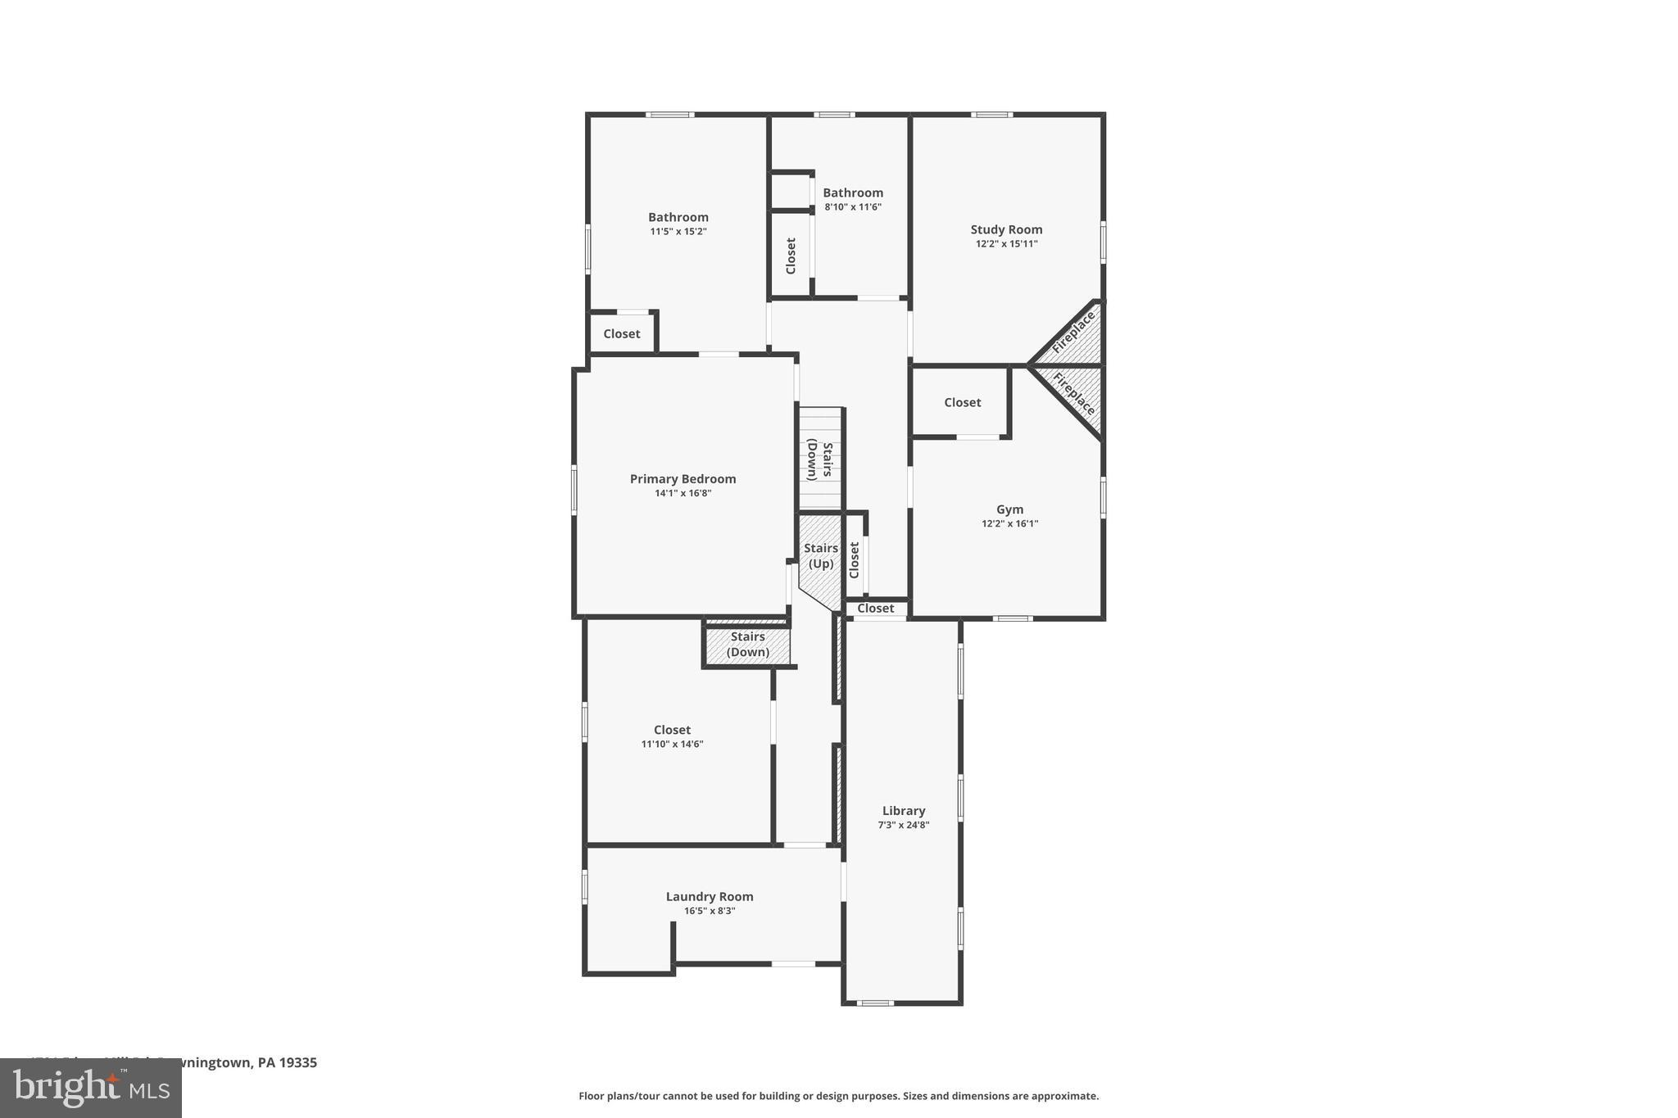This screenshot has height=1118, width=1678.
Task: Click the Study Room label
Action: [x=1006, y=229]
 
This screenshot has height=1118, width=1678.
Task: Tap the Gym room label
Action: [x=1009, y=509]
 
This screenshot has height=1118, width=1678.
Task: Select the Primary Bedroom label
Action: [x=683, y=479]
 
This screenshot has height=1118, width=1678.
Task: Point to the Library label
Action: [x=903, y=811]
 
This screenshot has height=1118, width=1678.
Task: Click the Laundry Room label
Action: [x=710, y=897]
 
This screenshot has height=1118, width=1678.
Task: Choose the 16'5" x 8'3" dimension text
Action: [x=710, y=911]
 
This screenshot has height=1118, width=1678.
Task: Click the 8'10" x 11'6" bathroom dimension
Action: [x=853, y=207]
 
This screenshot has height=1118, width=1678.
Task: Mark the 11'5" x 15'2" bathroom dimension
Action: [x=678, y=232]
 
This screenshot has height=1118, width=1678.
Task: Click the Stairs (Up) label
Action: [x=821, y=556]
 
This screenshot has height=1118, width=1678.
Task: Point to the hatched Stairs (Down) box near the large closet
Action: [x=747, y=645]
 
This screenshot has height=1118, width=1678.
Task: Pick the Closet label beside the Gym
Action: [x=962, y=402]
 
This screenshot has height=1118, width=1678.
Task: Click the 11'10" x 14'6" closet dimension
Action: [x=672, y=745]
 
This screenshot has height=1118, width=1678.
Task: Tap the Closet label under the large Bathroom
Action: [x=622, y=333]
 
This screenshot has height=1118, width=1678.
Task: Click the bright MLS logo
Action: [x=91, y=1089]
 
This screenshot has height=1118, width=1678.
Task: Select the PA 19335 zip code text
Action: [x=287, y=1062]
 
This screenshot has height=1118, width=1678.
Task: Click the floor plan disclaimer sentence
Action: [x=838, y=1096]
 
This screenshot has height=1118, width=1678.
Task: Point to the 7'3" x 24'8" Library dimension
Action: [x=903, y=825]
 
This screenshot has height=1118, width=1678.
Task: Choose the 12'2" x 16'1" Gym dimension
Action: [x=1009, y=523]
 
